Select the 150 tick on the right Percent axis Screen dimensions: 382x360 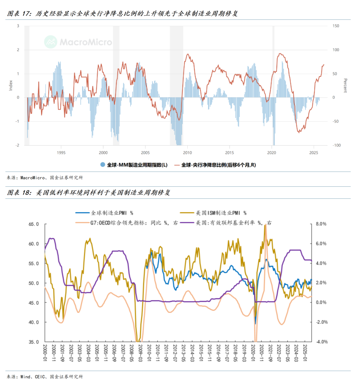[x=336, y=26]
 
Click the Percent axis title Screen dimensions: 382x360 [x=345, y=86]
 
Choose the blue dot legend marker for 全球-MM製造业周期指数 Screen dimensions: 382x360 [x=103, y=165]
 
